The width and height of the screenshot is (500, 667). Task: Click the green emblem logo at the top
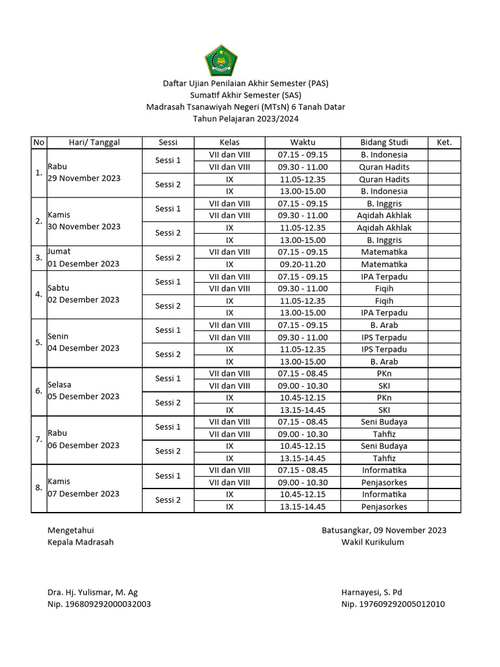[221, 60]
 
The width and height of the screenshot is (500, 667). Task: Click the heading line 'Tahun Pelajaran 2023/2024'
[246, 119]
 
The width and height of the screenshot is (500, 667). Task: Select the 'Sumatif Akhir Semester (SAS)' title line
[246, 95]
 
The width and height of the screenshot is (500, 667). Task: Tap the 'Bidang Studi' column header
[384, 143]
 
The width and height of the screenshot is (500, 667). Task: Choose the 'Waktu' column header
[303, 143]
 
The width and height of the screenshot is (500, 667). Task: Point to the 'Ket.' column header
[445, 143]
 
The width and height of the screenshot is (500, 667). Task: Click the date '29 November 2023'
[84, 178]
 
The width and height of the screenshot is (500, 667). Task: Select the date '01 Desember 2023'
[83, 264]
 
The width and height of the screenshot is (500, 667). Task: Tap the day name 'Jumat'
[59, 251]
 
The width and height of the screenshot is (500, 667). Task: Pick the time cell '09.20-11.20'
[303, 264]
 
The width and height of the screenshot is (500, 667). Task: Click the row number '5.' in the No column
[39, 343]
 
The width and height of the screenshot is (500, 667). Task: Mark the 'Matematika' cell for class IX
[384, 264]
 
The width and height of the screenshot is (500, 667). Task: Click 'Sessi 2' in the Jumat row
[168, 258]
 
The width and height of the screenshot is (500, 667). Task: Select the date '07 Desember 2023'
[83, 494]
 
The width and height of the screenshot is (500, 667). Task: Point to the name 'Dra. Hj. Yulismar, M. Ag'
[92, 592]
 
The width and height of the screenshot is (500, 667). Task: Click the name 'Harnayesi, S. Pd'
[372, 592]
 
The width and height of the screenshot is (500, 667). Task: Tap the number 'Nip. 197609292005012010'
[393, 604]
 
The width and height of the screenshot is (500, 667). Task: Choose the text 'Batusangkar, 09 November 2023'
[384, 530]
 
